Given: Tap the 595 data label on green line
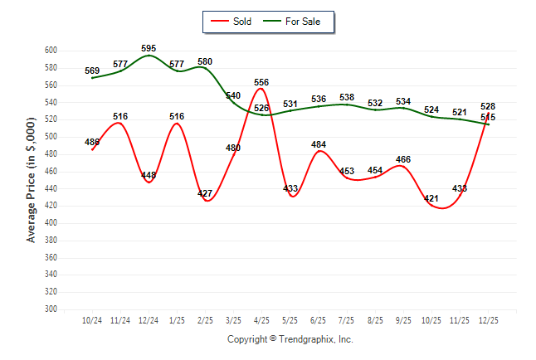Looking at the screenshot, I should point(149,49).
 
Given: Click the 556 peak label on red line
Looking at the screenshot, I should point(261,82).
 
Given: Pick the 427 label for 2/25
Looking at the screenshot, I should point(205,193).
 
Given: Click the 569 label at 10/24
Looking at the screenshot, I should point(92,71).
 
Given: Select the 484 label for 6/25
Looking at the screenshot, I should point(318,144).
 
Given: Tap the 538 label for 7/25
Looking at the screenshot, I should point(347,98).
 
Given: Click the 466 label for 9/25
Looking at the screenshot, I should point(403,159).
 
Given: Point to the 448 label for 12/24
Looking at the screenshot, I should point(149,175).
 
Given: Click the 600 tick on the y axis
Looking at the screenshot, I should point(51,51).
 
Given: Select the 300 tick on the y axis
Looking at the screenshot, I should point(51,309).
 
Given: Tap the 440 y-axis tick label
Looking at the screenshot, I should point(51,188).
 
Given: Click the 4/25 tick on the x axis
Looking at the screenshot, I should point(261,319).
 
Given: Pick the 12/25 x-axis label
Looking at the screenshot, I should point(488,319).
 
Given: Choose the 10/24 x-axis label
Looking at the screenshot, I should point(92,319).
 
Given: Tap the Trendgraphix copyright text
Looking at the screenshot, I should point(290,339).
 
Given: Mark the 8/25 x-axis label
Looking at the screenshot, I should point(375,319).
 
